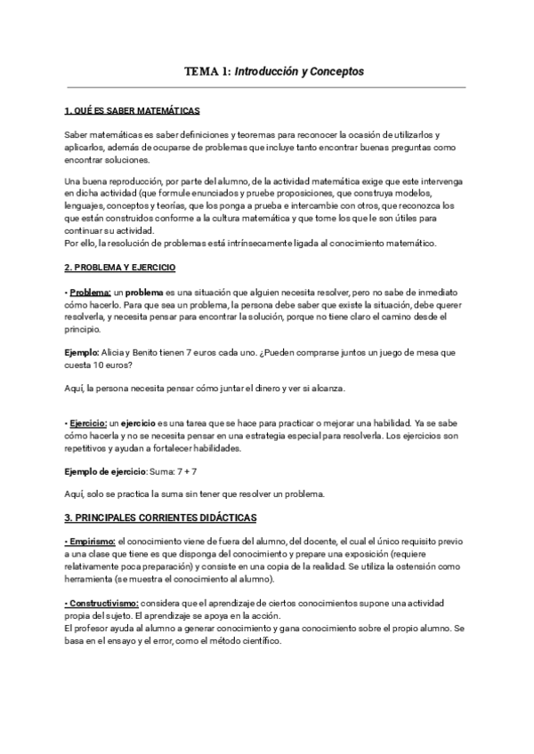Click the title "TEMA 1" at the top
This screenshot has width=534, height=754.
point(206,70)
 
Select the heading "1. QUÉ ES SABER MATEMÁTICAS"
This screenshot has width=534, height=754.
point(133,111)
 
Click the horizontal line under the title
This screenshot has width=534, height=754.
point(267,87)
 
